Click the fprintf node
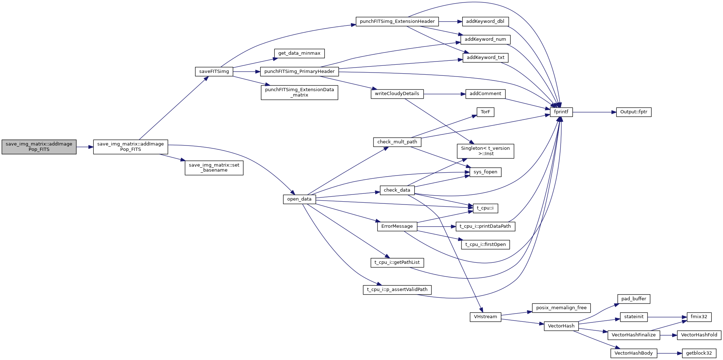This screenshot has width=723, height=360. pyautogui.click(x=561, y=112)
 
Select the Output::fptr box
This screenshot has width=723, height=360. pyautogui.click(x=634, y=112)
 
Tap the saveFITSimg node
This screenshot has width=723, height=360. pyautogui.click(x=214, y=71)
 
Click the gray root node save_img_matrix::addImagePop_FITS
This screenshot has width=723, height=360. pyautogui.click(x=39, y=147)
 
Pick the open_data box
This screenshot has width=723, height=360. pyautogui.click(x=299, y=199)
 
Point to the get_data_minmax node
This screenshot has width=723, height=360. pyautogui.click(x=299, y=53)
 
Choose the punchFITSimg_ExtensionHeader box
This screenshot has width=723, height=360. pyautogui.click(x=397, y=21)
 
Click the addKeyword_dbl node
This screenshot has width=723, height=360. pyautogui.click(x=485, y=21)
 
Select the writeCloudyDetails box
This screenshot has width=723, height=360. pyautogui.click(x=397, y=94)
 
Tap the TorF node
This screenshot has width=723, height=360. pyautogui.click(x=485, y=112)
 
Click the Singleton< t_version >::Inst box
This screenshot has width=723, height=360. pyautogui.click(x=485, y=151)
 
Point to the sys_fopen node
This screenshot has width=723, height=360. pyautogui.click(x=485, y=172)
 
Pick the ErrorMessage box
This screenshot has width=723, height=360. pyautogui.click(x=397, y=226)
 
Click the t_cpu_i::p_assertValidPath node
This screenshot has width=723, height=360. pyautogui.click(x=397, y=290)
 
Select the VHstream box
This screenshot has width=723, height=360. pyautogui.click(x=485, y=317)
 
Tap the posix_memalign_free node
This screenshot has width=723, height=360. pyautogui.click(x=561, y=308)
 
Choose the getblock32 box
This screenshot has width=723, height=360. pyautogui.click(x=699, y=353)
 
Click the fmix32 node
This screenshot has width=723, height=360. pyautogui.click(x=699, y=317)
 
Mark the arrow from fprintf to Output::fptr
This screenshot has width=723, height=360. pyautogui.click(x=594, y=112)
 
